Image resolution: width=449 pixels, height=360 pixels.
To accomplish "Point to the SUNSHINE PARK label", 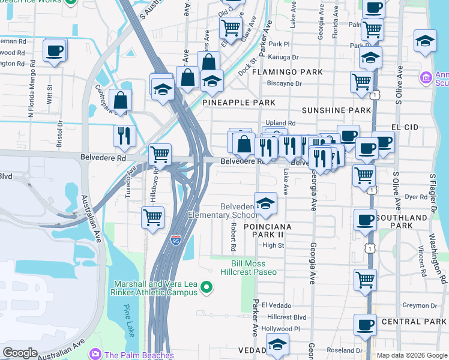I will [336, 111].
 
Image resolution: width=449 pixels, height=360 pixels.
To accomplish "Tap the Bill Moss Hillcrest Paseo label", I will [255, 268].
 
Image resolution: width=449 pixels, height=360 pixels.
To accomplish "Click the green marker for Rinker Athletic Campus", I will [207, 289].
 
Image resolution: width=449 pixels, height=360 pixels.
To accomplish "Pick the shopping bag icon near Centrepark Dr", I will [121, 100].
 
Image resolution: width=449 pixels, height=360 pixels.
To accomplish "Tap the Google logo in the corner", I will [20, 353].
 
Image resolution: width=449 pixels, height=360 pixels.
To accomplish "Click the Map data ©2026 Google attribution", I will [411, 355].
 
